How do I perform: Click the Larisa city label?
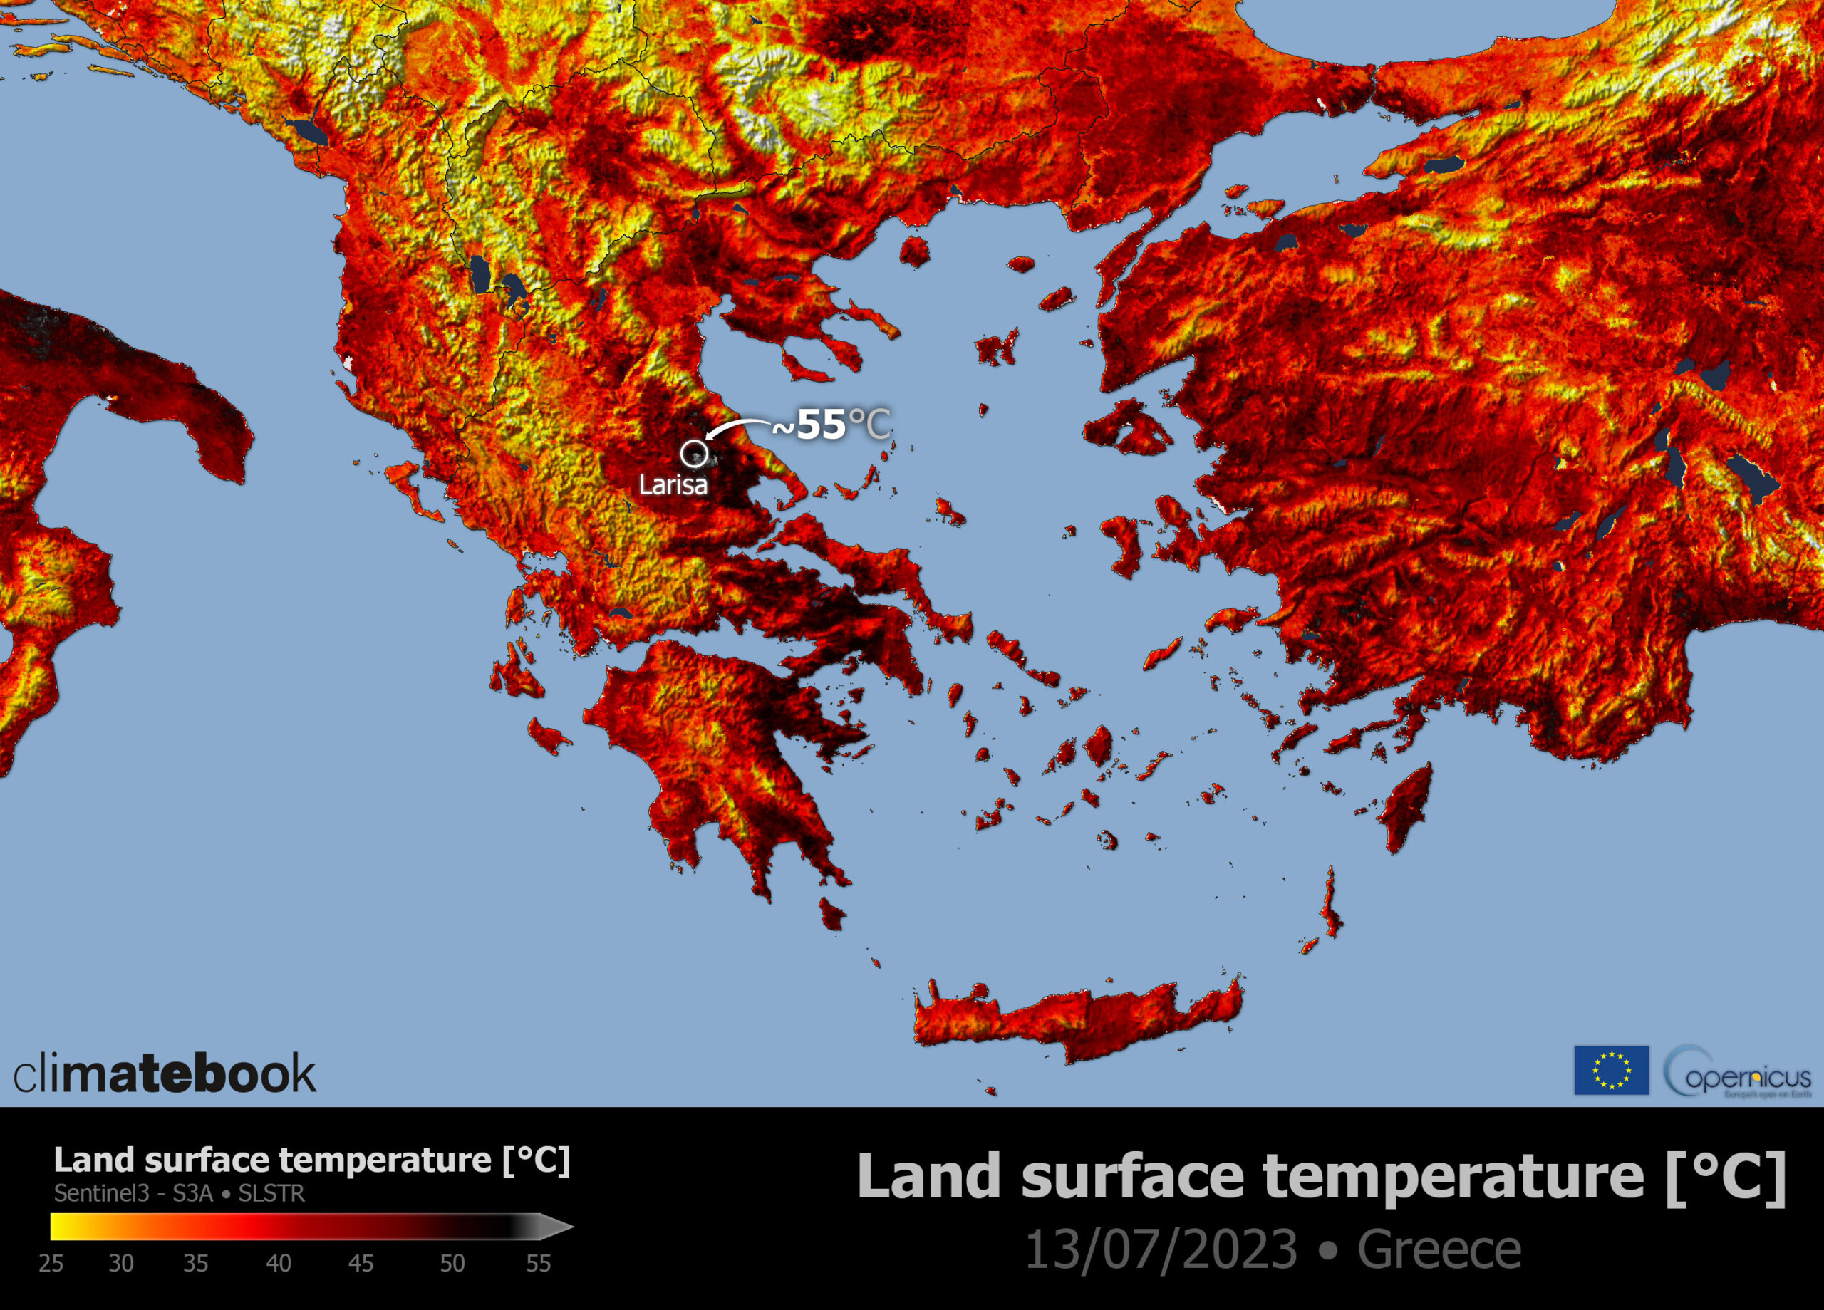(673, 485)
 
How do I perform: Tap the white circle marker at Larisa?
(693, 454)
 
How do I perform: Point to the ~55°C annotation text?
(831, 425)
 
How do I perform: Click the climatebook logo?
(165, 1074)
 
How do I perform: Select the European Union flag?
(1611, 1071)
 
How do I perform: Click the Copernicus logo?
(1737, 1072)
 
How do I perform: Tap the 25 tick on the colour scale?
(51, 1264)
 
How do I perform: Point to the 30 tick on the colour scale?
(120, 1264)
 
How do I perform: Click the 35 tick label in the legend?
(195, 1264)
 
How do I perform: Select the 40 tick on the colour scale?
(279, 1264)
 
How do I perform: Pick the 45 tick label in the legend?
(361, 1264)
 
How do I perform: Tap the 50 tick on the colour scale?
(452, 1264)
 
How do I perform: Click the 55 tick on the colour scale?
(538, 1264)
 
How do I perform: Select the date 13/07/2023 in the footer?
(1161, 1249)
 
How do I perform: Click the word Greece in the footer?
(1439, 1249)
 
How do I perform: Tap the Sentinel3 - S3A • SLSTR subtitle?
(180, 1193)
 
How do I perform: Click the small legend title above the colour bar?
(311, 1160)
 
